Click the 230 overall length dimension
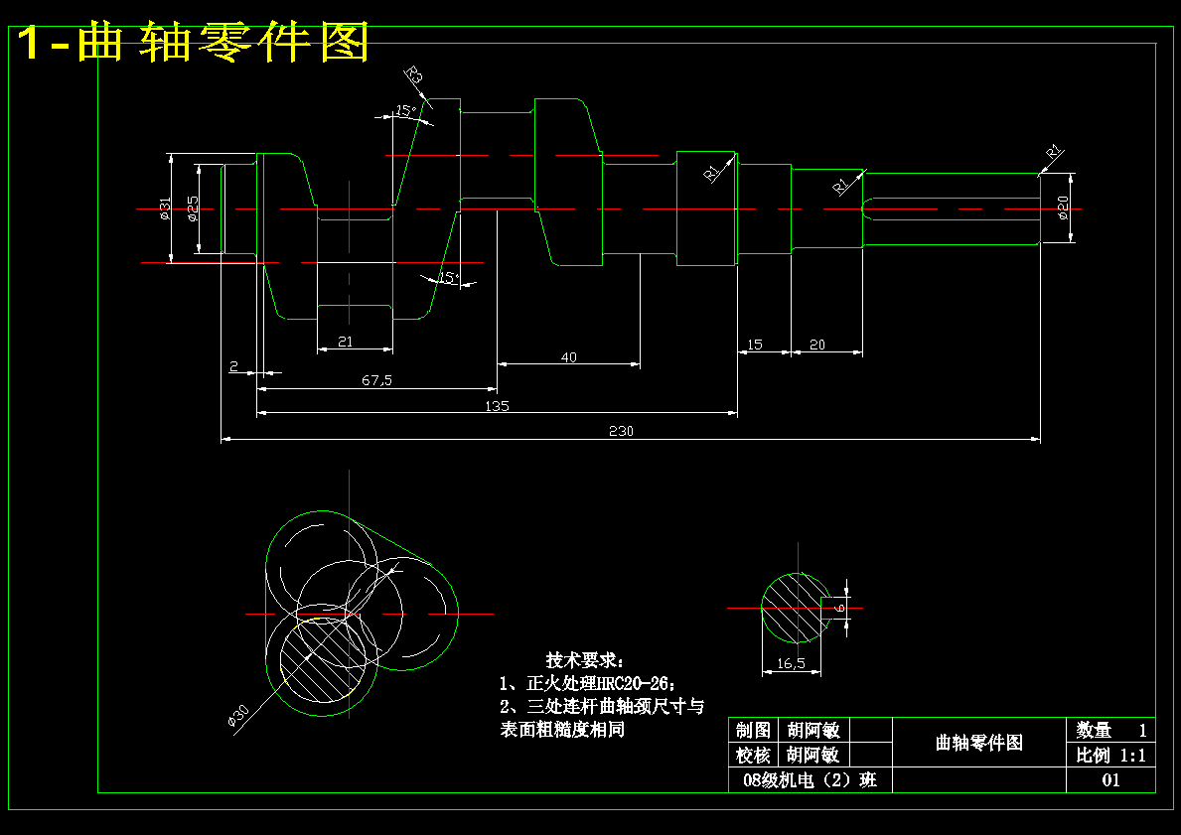(621, 431)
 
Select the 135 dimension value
(497, 406)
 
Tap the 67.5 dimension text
(376, 380)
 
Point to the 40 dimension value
(568, 357)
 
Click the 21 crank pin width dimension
(346, 342)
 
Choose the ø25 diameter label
(193, 208)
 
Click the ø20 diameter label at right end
(1063, 208)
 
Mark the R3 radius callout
(414, 75)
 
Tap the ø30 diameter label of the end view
(238, 716)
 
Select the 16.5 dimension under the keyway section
(791, 663)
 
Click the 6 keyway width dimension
(839, 607)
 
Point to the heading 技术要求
(586, 660)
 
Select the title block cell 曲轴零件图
(978, 742)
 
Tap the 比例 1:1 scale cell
(1110, 755)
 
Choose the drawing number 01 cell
(1110, 780)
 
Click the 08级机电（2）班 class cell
(811, 780)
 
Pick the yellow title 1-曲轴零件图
(194, 43)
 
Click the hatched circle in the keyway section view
(794, 608)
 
